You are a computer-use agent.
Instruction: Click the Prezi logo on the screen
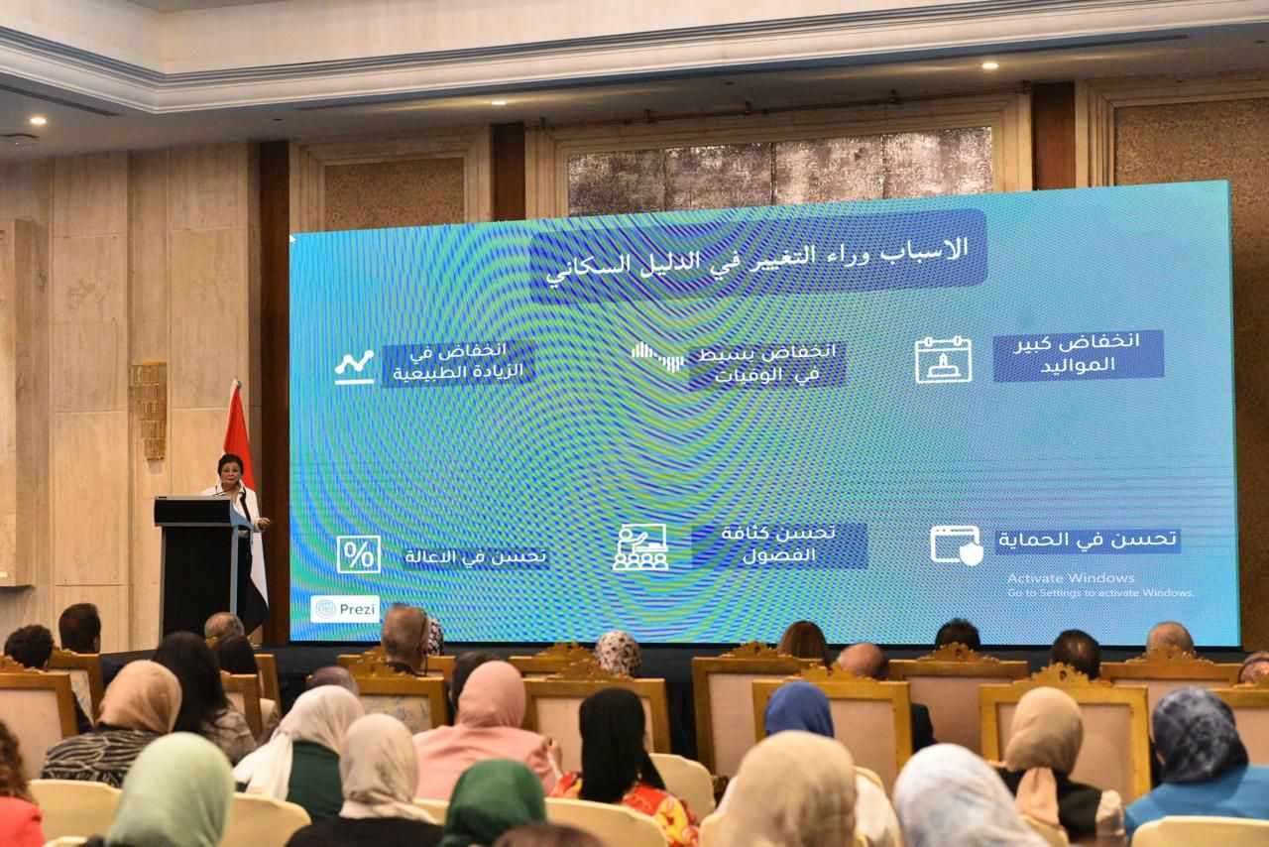click(x=344, y=609)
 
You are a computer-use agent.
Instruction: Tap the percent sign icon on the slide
click(x=358, y=554)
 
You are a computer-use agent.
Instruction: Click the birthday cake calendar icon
click(x=943, y=359)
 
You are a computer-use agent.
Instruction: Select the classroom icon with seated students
click(x=640, y=546)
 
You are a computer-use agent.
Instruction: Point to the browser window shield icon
click(x=956, y=544)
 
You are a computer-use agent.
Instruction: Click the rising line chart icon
click(x=354, y=366)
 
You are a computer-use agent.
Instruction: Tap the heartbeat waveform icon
click(x=657, y=356)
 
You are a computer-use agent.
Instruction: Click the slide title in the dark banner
click(x=757, y=255)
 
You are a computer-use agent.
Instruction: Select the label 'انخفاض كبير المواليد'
click(x=1078, y=354)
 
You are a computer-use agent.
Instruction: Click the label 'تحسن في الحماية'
click(x=1088, y=541)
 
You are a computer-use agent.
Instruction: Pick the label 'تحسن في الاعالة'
click(x=475, y=556)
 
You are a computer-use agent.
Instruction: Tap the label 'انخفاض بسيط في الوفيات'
click(x=765, y=364)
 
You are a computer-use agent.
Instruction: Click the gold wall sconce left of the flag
click(x=149, y=409)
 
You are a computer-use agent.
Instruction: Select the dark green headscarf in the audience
click(x=493, y=801)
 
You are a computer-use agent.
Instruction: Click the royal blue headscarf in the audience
click(x=799, y=709)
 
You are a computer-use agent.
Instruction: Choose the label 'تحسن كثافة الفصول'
click(x=778, y=544)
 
